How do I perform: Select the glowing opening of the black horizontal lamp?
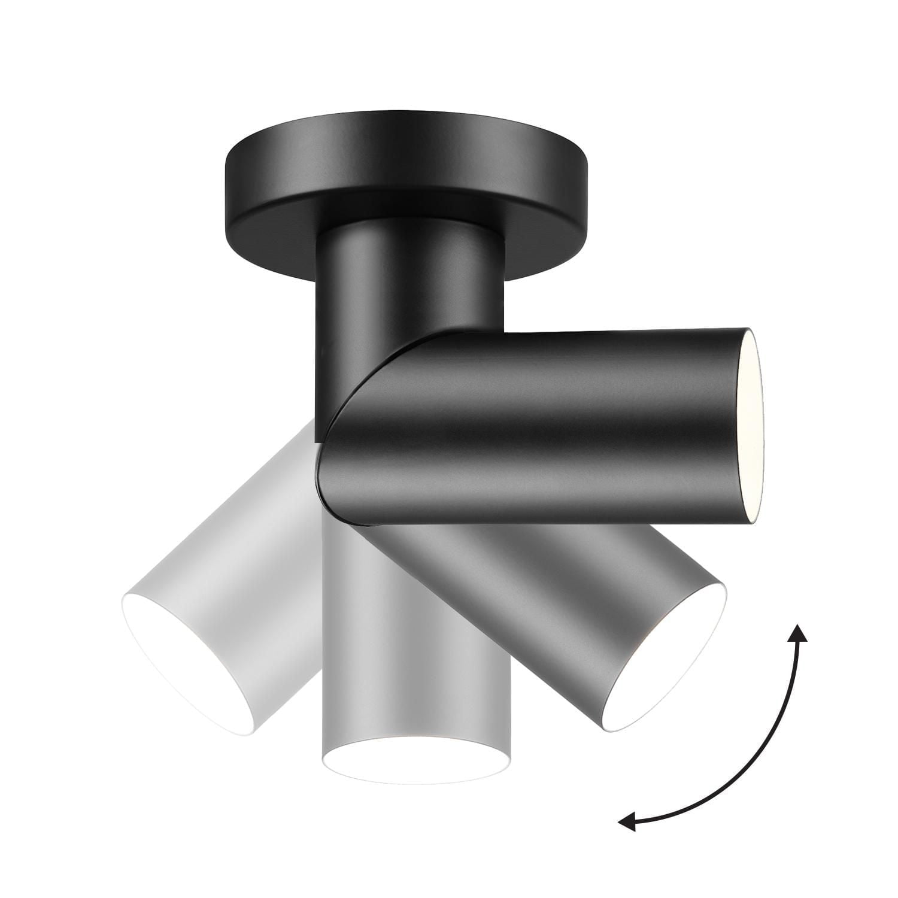tap(750, 426)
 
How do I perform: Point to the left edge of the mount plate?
tap(227, 180)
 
